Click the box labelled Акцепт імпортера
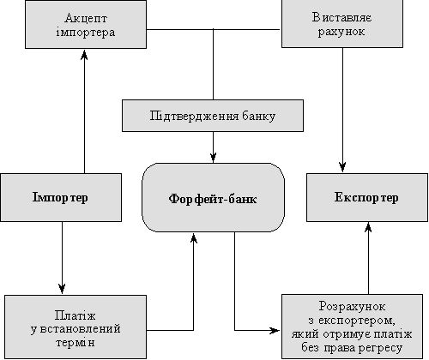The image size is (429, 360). (x=86, y=24)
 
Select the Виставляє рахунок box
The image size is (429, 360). (x=342, y=24)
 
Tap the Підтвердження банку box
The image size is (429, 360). (x=213, y=116)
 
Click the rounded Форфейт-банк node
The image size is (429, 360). (x=214, y=197)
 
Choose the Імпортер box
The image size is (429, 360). (x=61, y=197)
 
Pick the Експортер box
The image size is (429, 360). (x=367, y=197)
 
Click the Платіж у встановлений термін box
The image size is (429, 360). (x=76, y=327)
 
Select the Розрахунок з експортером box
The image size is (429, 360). (x=353, y=327)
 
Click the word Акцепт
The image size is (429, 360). (x=86, y=18)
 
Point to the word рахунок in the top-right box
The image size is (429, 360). (x=341, y=32)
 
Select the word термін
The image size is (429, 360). (x=75, y=342)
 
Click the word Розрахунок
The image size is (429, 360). (x=352, y=307)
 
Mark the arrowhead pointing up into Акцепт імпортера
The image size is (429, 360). (x=84, y=55)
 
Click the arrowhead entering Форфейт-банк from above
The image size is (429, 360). (x=213, y=158)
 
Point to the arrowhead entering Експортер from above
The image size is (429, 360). (x=342, y=167)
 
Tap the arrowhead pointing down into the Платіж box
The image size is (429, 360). (x=62, y=289)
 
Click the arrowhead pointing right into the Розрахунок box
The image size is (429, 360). (x=275, y=331)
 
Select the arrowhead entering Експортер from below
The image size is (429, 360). (x=368, y=228)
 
